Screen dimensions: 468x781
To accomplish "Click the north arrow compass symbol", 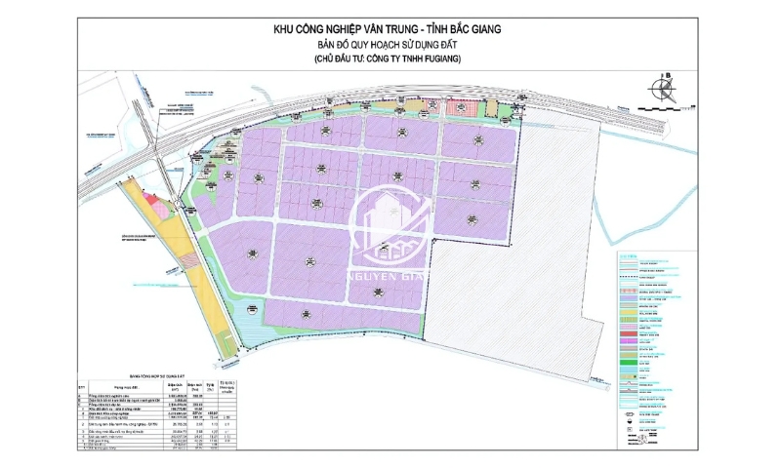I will [x=664, y=90].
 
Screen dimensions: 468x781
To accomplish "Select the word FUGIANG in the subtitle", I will [x=434, y=60].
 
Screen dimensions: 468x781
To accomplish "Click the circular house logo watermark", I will [x=390, y=226].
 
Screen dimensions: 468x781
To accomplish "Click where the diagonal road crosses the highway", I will [x=156, y=149].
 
